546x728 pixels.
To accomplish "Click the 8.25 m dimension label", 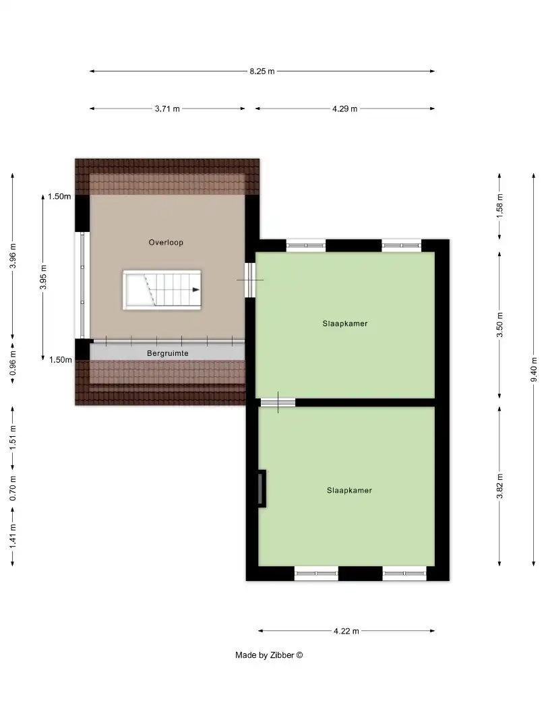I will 262,71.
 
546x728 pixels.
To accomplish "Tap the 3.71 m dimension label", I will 167,109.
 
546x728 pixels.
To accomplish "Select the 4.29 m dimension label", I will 344,109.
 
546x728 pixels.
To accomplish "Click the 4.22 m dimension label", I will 346,631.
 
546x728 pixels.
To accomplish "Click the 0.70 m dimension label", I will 13,488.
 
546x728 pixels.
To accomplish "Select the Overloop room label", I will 166,242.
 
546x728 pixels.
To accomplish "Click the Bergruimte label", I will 167,353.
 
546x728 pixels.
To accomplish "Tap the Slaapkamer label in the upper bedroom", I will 344,324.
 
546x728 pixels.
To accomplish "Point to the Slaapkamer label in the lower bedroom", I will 349,490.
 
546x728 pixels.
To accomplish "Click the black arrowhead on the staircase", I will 195,289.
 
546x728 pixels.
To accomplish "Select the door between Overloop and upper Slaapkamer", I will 250,279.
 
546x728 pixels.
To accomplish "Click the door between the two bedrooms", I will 277,402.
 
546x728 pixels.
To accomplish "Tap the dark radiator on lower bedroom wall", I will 262,488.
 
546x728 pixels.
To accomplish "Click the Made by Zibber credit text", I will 269,655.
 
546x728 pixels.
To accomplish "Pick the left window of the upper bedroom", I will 305,245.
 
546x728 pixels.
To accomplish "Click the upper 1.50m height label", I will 59,197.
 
